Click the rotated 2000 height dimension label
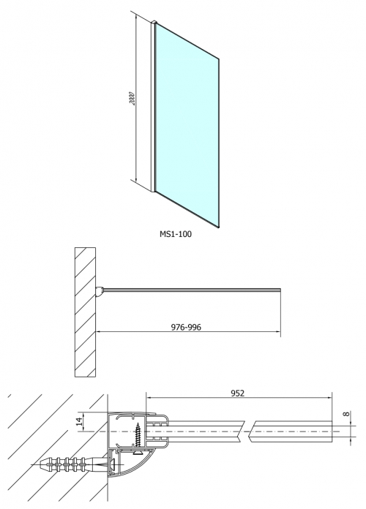(131, 98)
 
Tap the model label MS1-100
(176, 234)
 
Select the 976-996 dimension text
(186, 327)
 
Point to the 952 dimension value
(237, 393)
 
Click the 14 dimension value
(79, 422)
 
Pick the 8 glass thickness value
(346, 414)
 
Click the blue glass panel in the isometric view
(187, 125)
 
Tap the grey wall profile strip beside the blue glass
(153, 107)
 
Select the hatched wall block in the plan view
(85, 312)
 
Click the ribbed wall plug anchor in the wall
(65, 465)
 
